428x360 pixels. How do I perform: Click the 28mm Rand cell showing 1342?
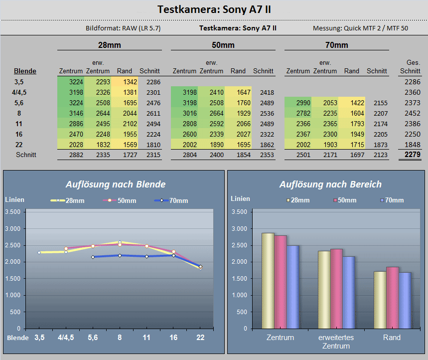click(130, 82)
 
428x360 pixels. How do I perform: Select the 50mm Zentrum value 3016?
click(189, 113)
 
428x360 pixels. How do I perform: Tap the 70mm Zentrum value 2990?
click(303, 103)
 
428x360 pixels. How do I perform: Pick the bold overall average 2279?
click(413, 155)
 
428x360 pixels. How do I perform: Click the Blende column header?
click(25, 71)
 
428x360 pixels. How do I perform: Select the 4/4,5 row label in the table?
click(19, 92)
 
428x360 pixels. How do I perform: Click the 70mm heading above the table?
click(336, 45)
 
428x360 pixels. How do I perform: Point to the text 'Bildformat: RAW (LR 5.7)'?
click(123, 28)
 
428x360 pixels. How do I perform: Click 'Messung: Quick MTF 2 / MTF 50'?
click(360, 28)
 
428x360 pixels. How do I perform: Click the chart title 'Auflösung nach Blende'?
click(116, 184)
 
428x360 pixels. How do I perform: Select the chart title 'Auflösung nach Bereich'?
click(330, 184)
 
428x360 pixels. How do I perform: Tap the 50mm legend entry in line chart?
click(120, 200)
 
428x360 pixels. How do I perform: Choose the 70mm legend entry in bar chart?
click(392, 200)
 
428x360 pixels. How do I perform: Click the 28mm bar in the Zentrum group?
click(268, 281)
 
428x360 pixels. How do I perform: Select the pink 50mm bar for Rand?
click(393, 298)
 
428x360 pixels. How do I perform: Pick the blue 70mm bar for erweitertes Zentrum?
click(349, 292)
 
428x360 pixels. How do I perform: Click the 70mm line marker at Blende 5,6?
click(93, 257)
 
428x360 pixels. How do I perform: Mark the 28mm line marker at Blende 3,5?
click(39, 253)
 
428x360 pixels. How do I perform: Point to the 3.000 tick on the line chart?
click(13, 229)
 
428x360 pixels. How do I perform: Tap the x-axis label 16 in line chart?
click(173, 338)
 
